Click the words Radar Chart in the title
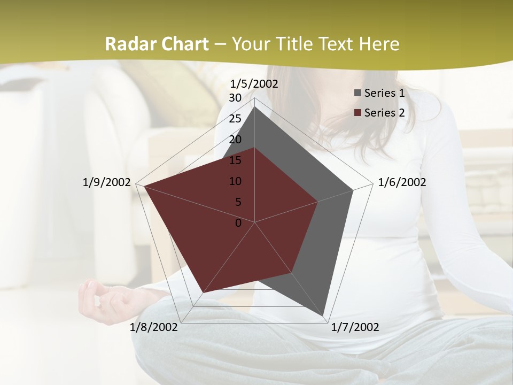click(156, 44)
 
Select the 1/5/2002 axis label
click(254, 84)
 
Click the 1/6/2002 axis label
click(402, 182)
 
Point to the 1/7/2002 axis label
click(355, 327)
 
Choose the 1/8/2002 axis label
click(154, 327)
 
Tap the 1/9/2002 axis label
click(106, 182)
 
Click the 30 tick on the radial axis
click(235, 98)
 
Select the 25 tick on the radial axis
click(235, 119)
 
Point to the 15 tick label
click(235, 160)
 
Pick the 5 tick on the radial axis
click(238, 202)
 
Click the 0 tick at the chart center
click(238, 223)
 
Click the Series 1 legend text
click(384, 93)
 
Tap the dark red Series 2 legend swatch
click(357, 113)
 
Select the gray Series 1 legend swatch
click(357, 94)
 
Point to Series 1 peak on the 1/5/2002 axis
click(255, 106)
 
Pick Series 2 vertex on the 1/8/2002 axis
click(202, 293)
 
